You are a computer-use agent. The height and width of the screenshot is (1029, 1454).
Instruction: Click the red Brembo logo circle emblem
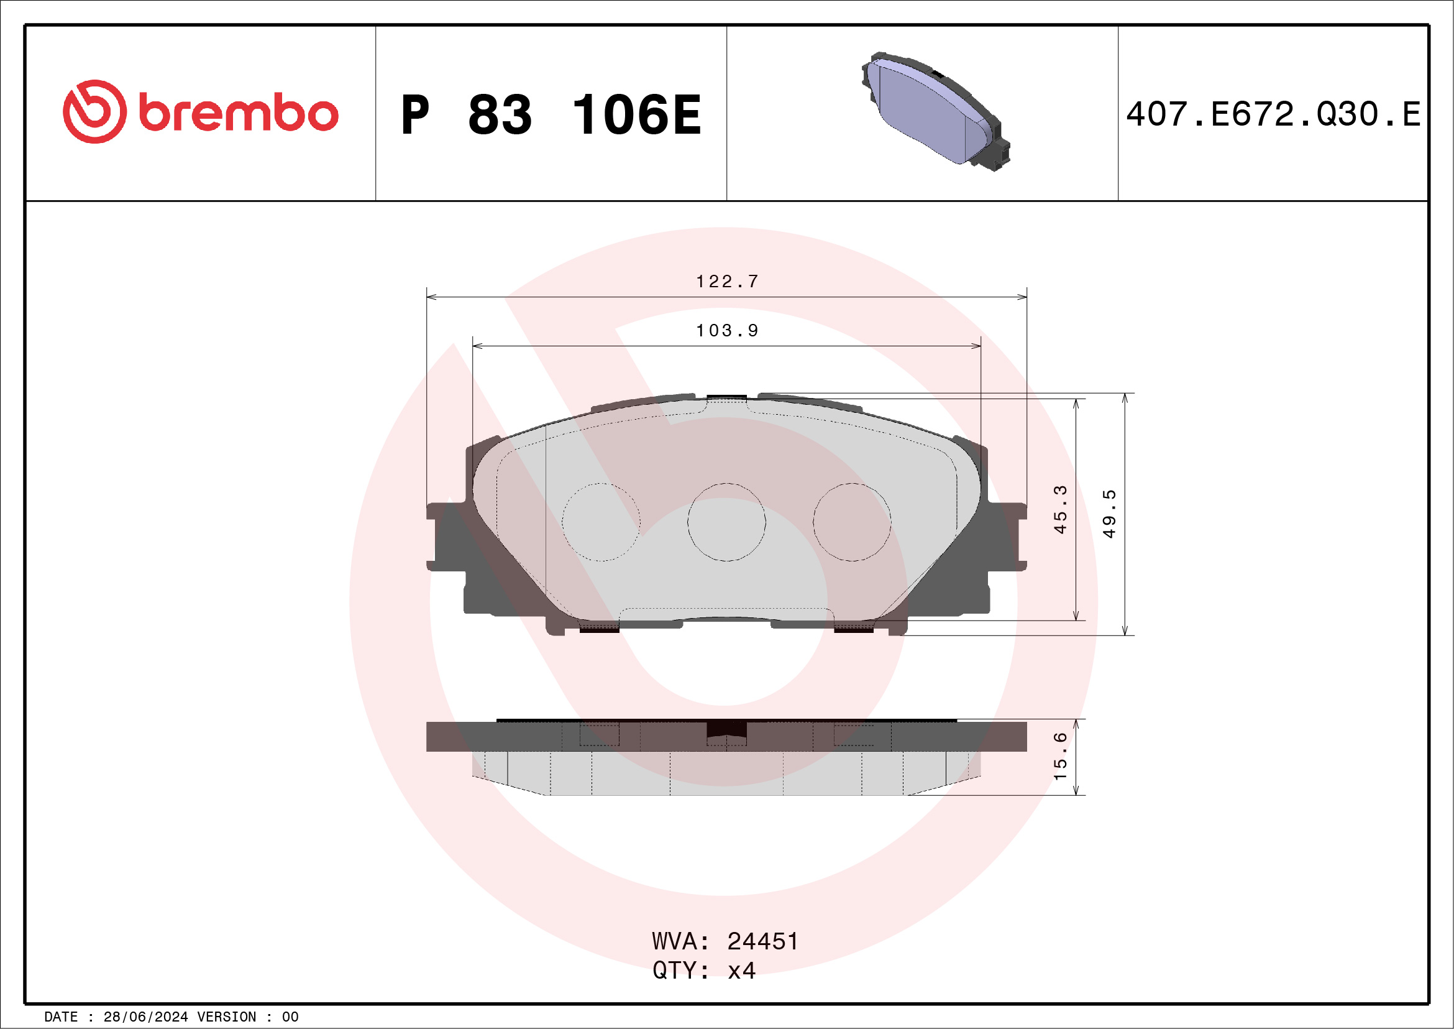[94, 111]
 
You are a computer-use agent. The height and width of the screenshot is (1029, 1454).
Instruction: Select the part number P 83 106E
[551, 114]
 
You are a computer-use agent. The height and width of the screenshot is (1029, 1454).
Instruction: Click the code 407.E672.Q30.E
[1273, 114]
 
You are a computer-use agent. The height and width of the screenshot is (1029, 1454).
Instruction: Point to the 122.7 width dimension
[727, 281]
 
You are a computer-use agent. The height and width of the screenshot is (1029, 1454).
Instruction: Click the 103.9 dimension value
[727, 330]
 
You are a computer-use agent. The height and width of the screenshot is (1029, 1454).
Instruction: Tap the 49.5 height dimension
[1109, 513]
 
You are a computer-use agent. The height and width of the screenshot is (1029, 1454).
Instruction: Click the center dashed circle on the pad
[726, 522]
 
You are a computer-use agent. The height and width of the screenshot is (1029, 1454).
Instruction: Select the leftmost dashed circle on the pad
[601, 522]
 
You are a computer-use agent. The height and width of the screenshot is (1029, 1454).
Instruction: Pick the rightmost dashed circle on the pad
[852, 522]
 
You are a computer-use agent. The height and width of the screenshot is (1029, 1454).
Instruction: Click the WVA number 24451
[762, 941]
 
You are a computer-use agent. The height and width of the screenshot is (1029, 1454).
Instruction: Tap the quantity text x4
[741, 971]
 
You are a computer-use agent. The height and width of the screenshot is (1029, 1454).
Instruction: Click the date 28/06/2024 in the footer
[145, 1017]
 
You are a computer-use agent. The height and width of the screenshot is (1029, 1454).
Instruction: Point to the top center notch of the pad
[726, 398]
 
